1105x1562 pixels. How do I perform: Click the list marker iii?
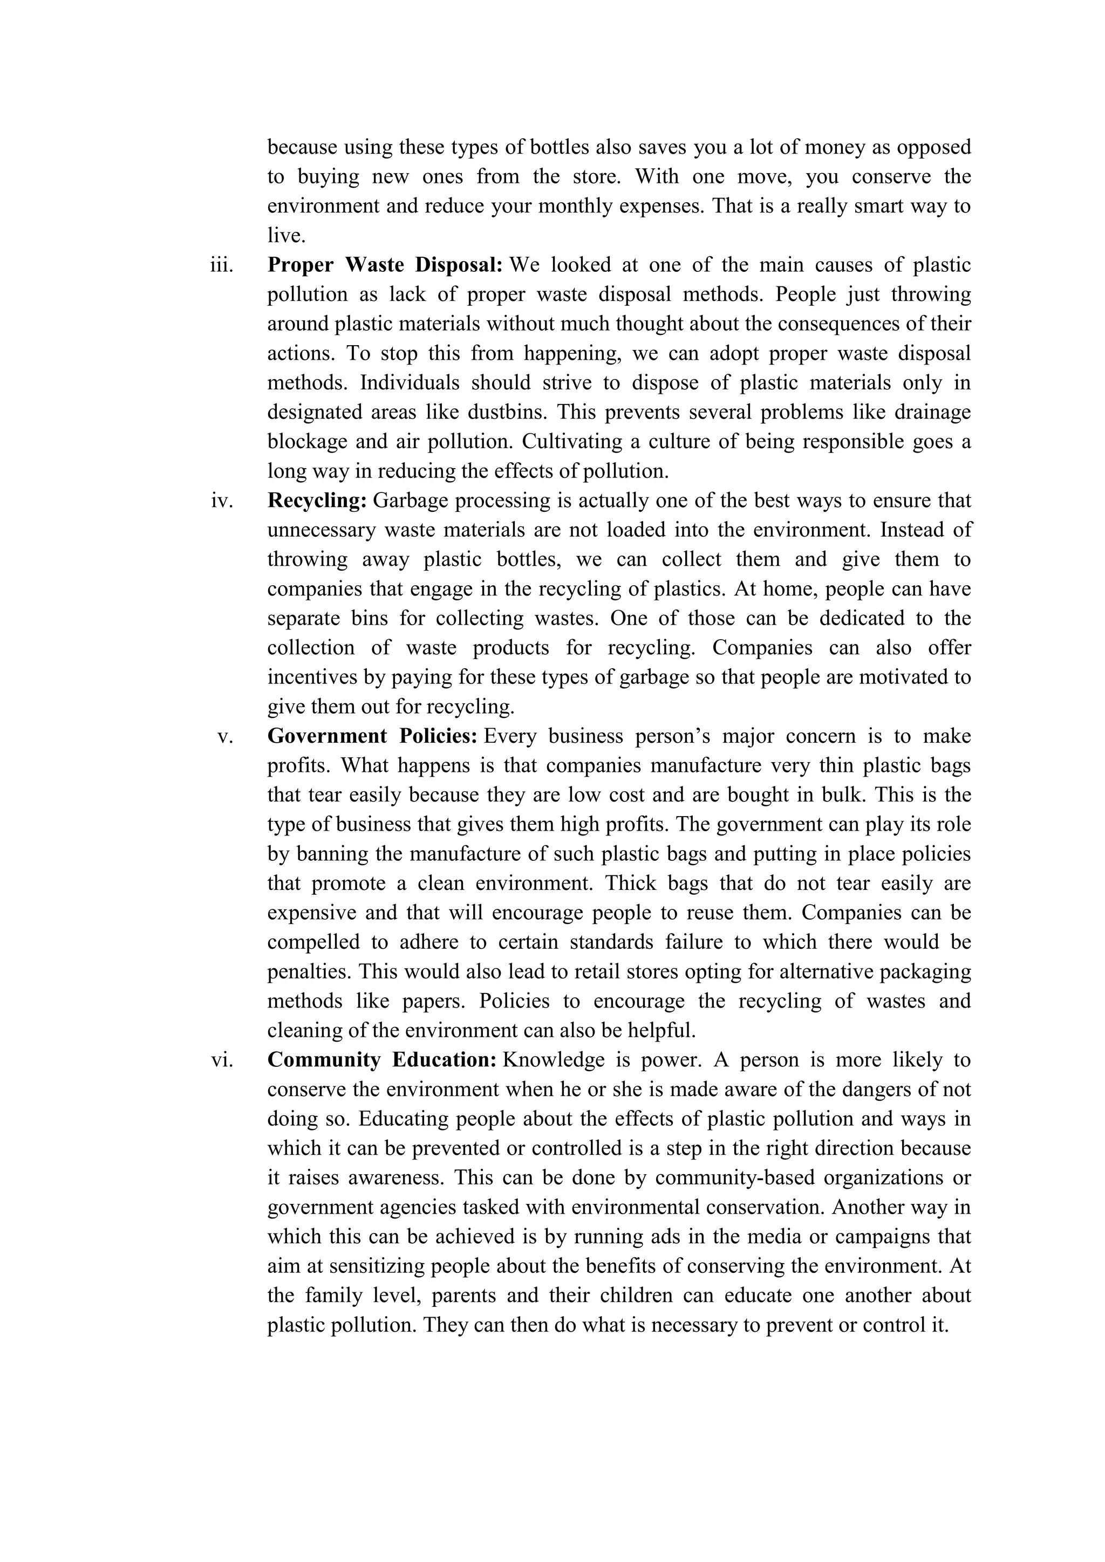tap(221, 265)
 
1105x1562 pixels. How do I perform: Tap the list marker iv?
tap(222, 501)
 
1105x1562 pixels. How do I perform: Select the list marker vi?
tap(222, 1060)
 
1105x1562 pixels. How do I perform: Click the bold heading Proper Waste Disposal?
tap(385, 265)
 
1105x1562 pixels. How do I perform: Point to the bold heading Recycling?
tap(317, 501)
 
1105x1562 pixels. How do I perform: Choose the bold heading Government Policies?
tap(373, 736)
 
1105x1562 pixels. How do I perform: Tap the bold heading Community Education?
tap(381, 1060)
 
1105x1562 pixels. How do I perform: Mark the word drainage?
tap(934, 412)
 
